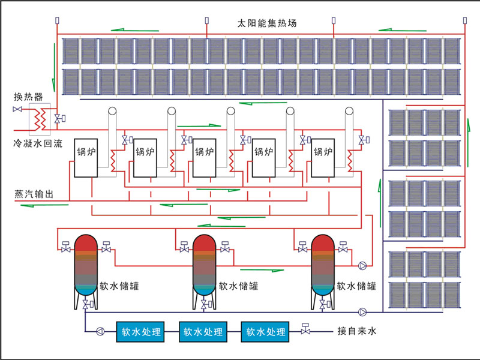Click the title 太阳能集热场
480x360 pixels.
267,24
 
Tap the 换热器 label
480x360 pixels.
28,97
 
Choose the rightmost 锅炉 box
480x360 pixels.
323,157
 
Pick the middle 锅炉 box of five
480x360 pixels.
205,157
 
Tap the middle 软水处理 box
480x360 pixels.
202,331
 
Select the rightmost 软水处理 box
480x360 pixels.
264,331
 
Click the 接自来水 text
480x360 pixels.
358,331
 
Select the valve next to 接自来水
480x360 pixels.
305,329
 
